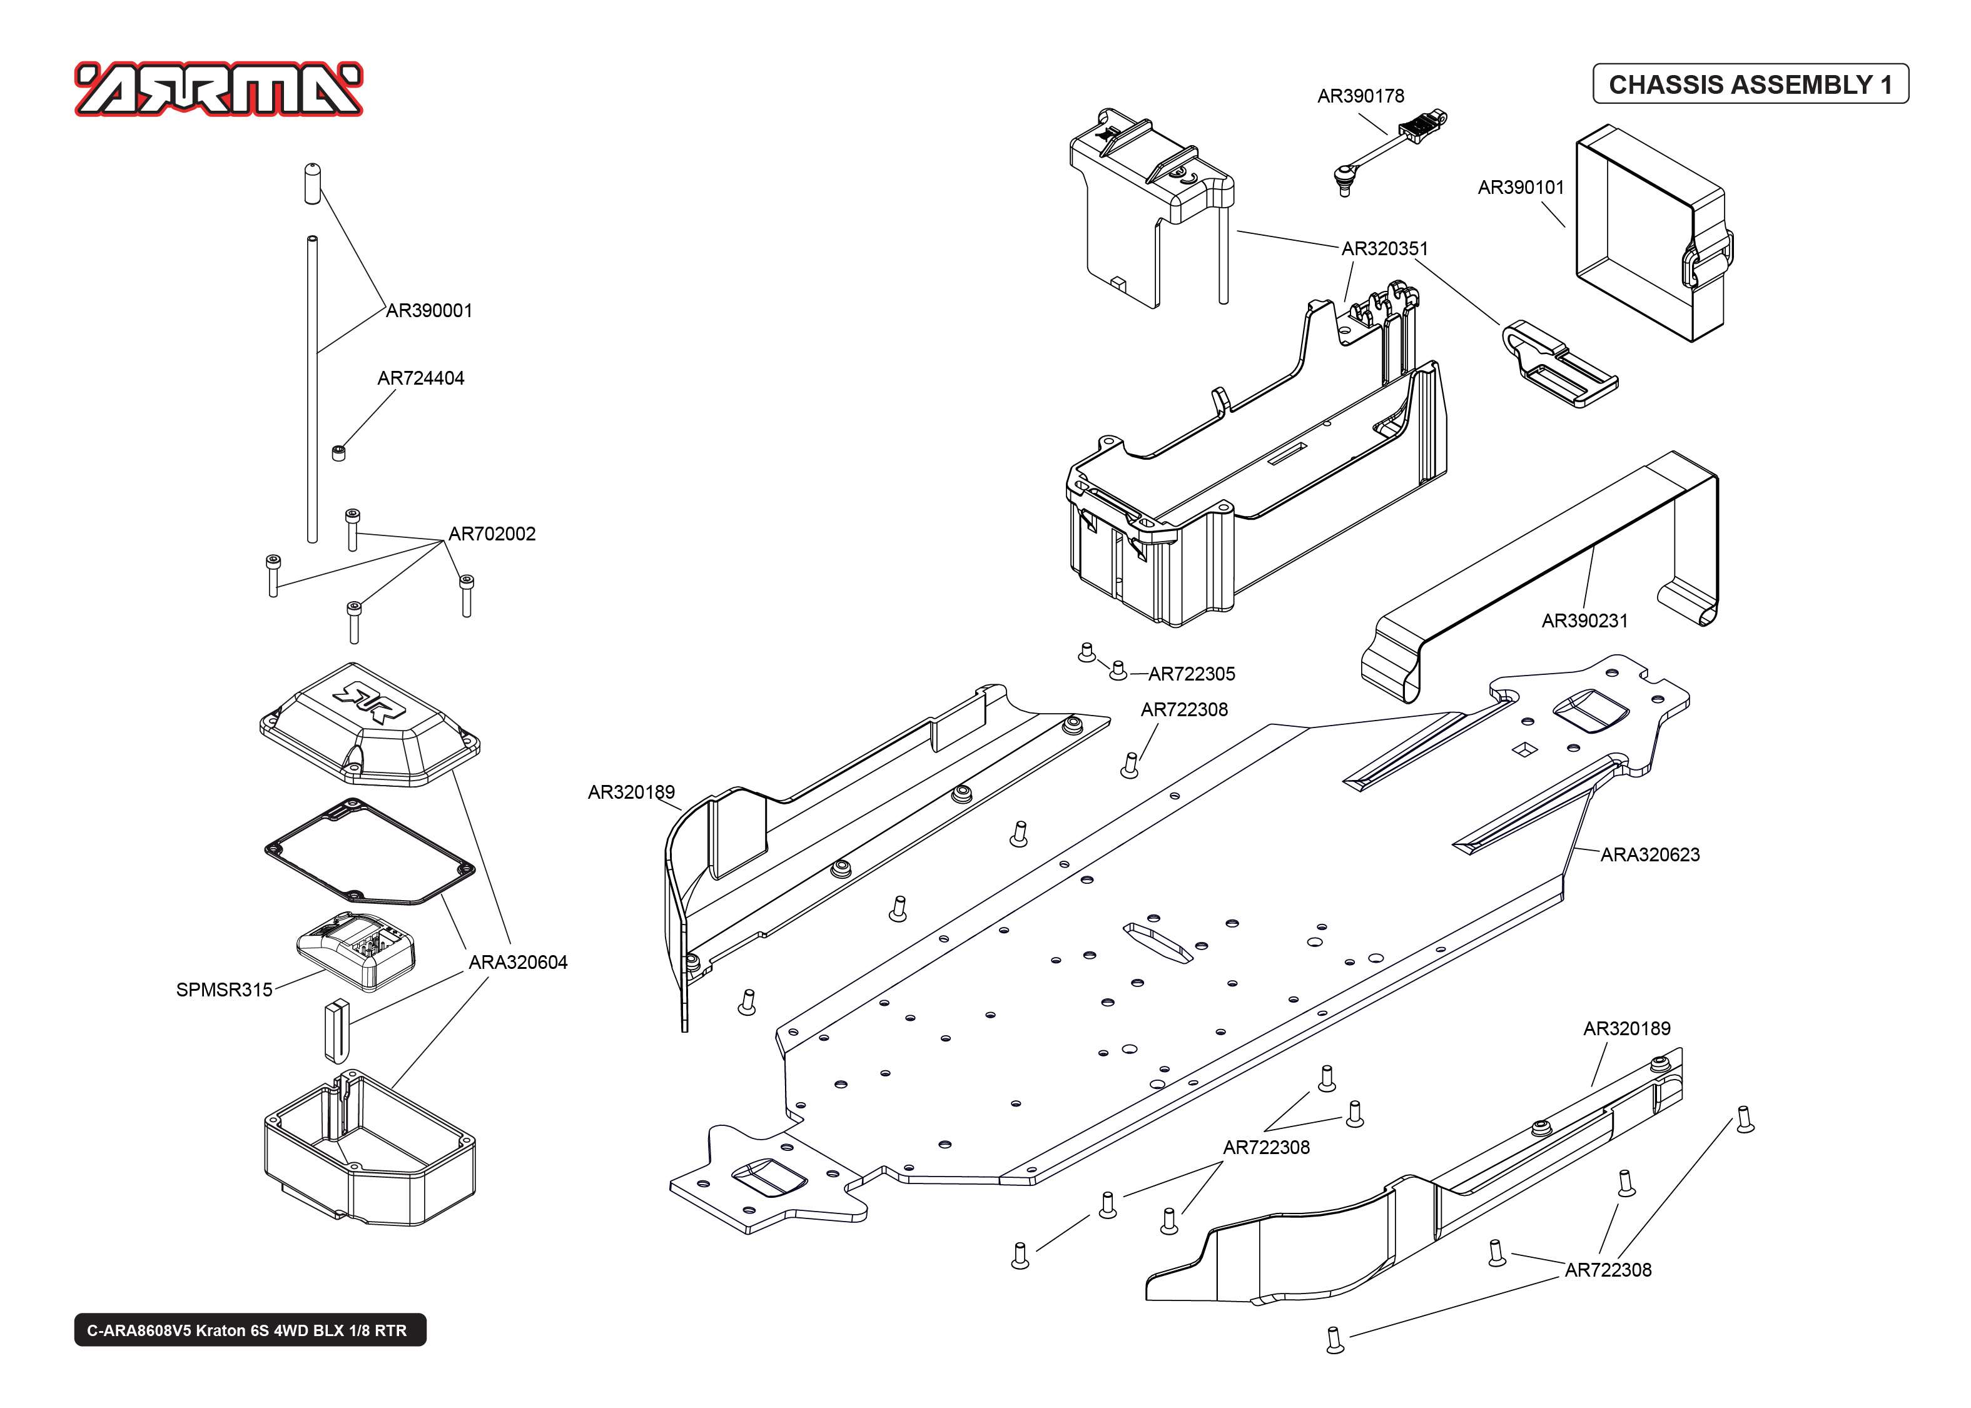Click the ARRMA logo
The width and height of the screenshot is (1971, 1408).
tap(218, 89)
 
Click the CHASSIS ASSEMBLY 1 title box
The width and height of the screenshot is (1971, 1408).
tap(1750, 84)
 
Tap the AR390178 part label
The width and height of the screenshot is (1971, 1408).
tap(1360, 96)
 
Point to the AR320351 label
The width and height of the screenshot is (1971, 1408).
tap(1384, 249)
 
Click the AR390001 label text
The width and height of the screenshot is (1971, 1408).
tap(429, 310)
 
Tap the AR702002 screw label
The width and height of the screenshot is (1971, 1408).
tap(492, 534)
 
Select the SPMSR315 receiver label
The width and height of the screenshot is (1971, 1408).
tap(224, 990)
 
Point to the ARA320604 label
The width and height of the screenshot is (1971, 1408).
tap(517, 963)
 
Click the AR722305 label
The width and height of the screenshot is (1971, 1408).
tap(1192, 674)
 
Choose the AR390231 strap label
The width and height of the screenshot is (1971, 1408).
tap(1584, 620)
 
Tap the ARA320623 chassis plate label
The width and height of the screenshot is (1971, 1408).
tap(1649, 855)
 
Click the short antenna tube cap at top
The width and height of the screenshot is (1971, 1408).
tap(312, 182)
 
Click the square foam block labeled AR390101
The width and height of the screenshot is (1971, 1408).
tap(1647, 234)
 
